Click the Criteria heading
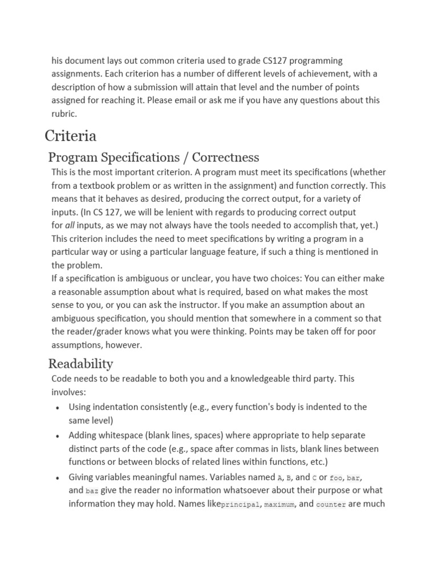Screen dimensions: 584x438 [x=71, y=136]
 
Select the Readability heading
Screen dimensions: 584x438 [x=80, y=364]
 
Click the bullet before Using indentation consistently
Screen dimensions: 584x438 [x=58, y=408]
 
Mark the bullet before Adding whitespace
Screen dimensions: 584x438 [x=58, y=436]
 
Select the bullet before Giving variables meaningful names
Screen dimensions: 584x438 [x=58, y=478]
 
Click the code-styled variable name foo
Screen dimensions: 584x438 [x=336, y=477]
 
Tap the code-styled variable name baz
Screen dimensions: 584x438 [x=92, y=490]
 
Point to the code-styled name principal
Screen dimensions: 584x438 [x=240, y=504]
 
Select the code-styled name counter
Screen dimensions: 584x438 [x=330, y=504]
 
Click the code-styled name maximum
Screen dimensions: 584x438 [x=279, y=504]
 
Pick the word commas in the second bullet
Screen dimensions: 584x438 [x=257, y=449]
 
